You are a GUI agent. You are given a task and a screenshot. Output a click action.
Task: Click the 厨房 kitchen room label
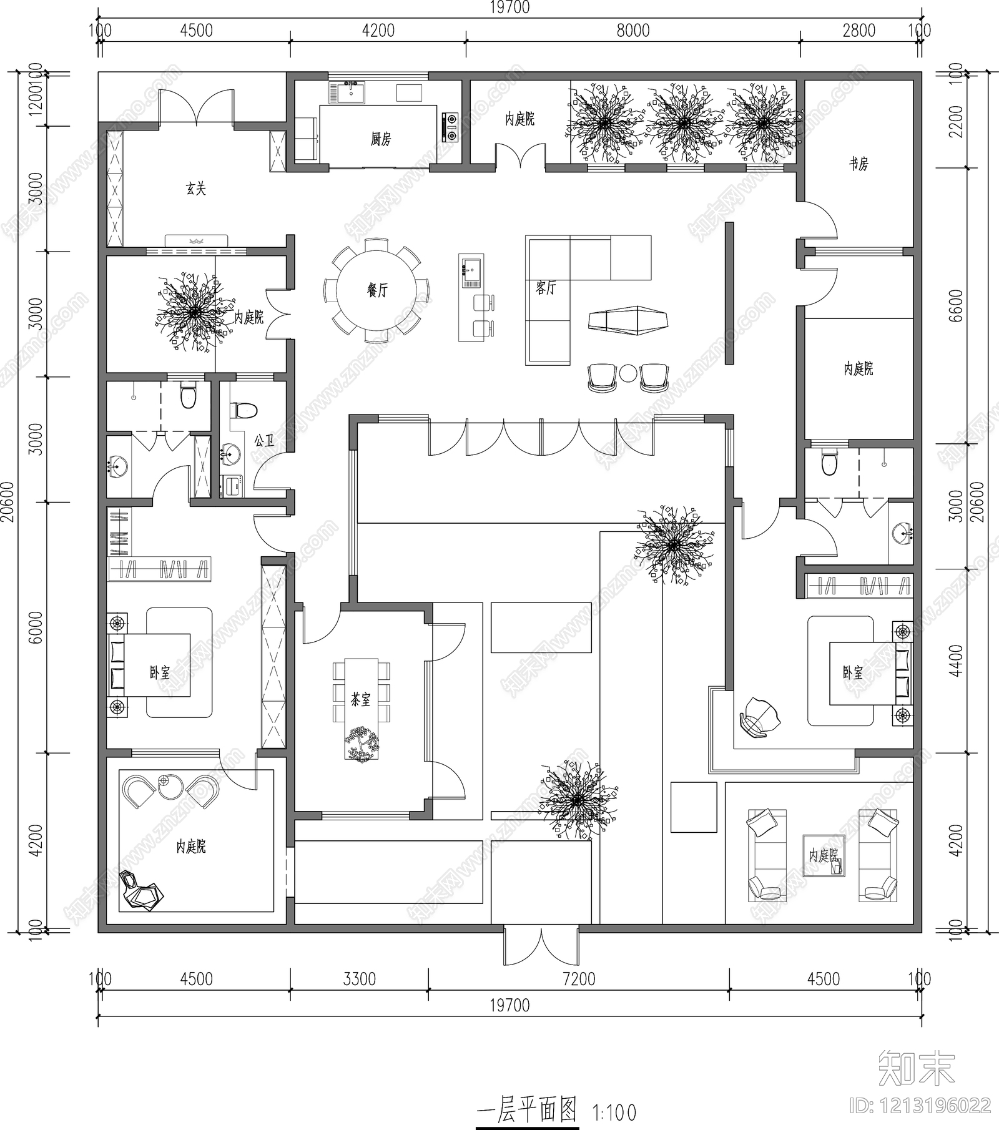pyautogui.click(x=380, y=139)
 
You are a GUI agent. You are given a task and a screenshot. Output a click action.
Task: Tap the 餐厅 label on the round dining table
pyautogui.click(x=376, y=290)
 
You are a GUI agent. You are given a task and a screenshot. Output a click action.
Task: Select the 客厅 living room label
pyautogui.click(x=545, y=288)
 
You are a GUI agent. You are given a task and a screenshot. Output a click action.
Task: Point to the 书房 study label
pyautogui.click(x=859, y=164)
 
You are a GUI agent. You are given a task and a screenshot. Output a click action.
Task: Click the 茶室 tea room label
pyautogui.click(x=360, y=700)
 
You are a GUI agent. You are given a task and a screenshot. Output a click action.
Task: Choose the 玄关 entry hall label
pyautogui.click(x=195, y=188)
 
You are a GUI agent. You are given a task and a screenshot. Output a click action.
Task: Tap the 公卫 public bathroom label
pyautogui.click(x=265, y=441)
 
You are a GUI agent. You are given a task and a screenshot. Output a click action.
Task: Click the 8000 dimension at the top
pyautogui.click(x=632, y=31)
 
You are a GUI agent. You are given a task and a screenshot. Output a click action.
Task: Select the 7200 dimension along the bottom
pyautogui.click(x=579, y=979)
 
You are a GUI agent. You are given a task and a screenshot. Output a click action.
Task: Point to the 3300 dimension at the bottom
pyautogui.click(x=359, y=979)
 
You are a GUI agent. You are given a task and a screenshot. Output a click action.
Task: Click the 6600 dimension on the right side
pyautogui.click(x=955, y=305)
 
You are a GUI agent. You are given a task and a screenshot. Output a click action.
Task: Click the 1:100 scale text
pyautogui.click(x=614, y=1113)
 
